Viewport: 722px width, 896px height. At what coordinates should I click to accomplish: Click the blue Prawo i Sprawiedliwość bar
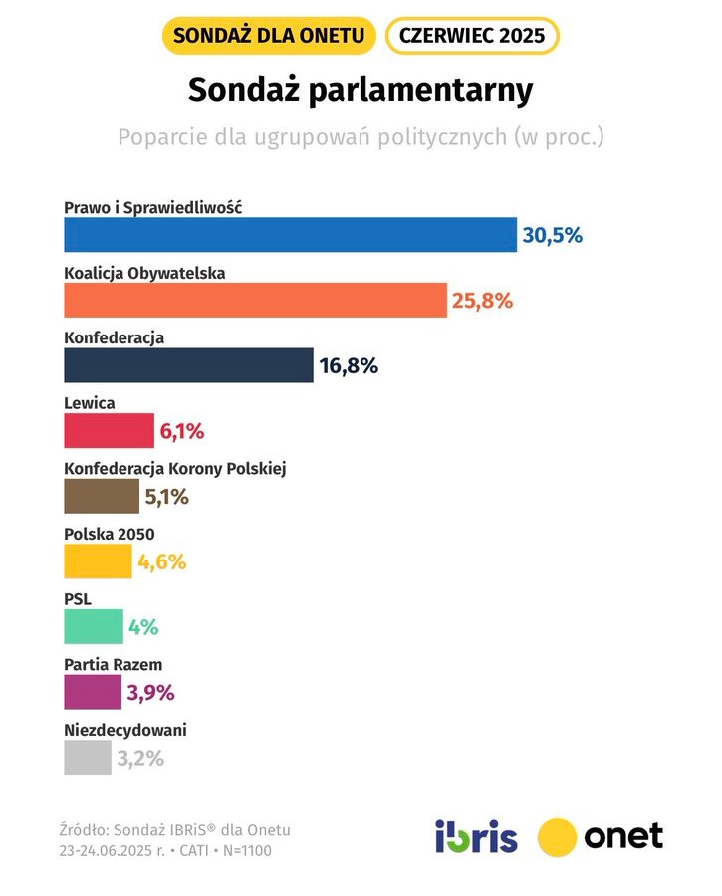290,234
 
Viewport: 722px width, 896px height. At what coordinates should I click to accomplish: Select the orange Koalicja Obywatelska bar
255,300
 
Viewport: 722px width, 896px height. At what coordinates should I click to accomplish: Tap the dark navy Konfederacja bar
188,365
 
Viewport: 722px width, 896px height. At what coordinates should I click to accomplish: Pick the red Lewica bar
109,431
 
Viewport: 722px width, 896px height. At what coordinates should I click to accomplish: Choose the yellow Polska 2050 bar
98,561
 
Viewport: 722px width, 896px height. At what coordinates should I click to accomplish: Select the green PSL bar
94,627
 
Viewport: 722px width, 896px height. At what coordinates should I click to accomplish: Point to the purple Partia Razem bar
93,692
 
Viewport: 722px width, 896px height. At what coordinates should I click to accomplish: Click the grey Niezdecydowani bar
88,758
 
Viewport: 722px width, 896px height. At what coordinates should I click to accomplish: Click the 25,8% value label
482,301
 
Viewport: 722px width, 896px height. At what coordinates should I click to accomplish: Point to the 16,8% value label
349,366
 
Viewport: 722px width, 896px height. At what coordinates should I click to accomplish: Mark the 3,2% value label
139,759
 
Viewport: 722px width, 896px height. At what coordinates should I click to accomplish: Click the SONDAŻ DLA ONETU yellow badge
269,36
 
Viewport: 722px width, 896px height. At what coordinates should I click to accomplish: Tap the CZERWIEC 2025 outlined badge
472,36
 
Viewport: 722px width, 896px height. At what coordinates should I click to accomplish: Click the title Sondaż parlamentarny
361,90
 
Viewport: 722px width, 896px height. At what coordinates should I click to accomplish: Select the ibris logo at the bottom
476,836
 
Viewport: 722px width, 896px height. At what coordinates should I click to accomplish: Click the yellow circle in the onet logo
558,836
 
